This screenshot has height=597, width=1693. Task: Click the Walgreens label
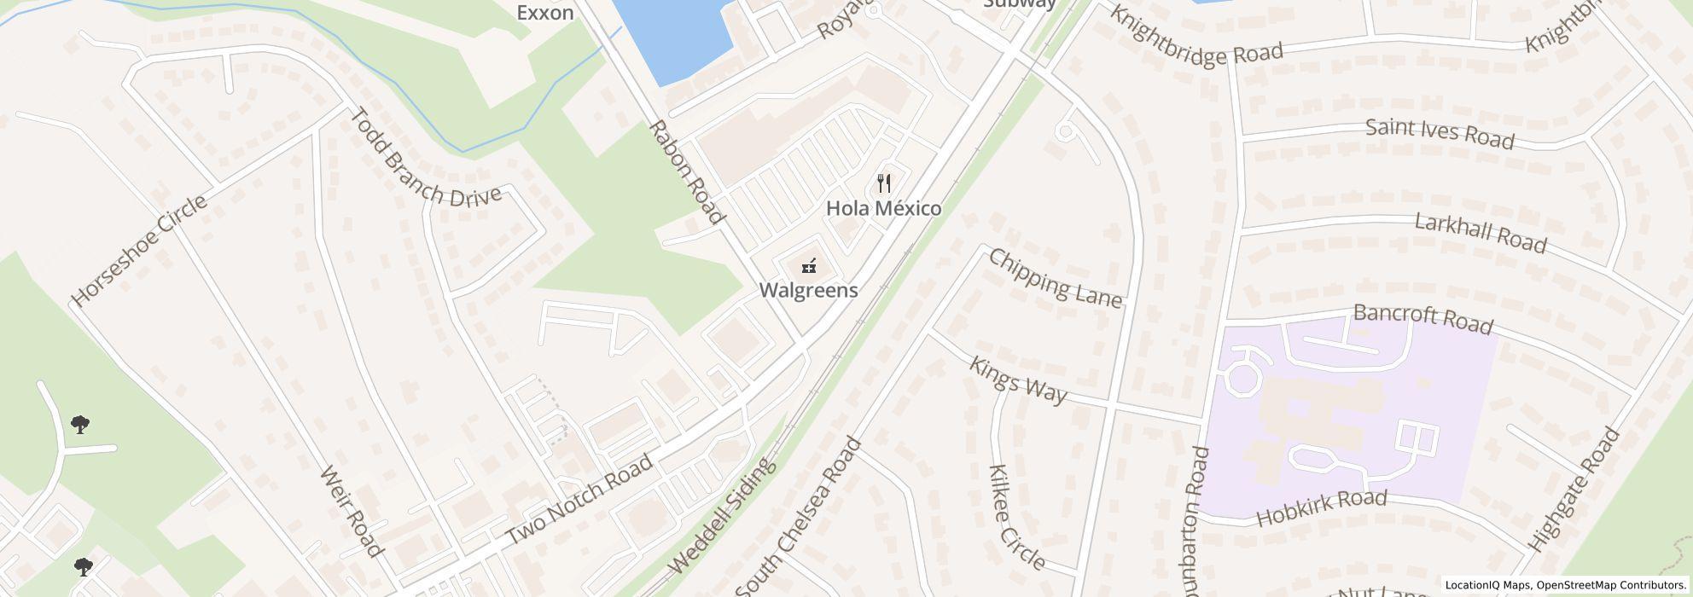(808, 290)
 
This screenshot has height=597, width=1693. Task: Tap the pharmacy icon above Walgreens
(809, 266)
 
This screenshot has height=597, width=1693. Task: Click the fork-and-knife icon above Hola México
(884, 183)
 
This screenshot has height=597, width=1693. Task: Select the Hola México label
(884, 208)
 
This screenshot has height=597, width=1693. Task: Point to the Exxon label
(545, 13)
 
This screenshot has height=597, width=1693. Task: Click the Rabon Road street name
(687, 171)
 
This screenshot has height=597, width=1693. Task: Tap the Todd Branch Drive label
(425, 158)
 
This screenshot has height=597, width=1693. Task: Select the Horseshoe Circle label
(139, 251)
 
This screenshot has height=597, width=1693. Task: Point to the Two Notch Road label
(579, 499)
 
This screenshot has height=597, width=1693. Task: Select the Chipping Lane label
(1055, 277)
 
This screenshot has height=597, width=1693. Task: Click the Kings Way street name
(1018, 380)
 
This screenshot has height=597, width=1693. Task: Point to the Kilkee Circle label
(1016, 518)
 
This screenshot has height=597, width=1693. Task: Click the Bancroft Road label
(1423, 318)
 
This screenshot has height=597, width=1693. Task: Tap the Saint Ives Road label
(1440, 134)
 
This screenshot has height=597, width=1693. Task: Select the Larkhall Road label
(1481, 233)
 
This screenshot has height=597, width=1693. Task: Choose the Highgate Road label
(1574, 490)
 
